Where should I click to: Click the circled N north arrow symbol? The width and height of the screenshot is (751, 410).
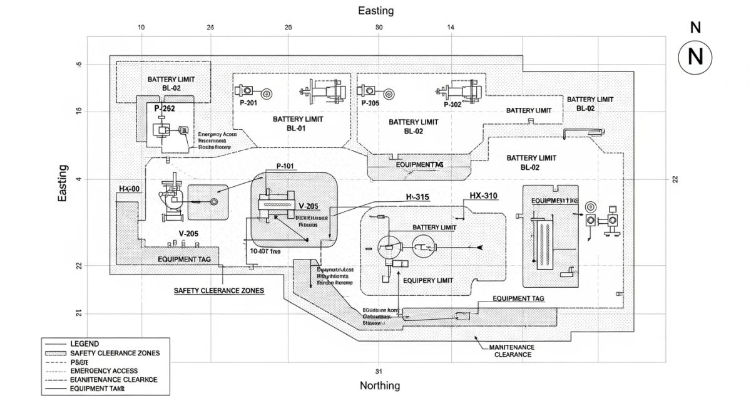click(695, 57)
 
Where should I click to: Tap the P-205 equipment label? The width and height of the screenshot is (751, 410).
click(370, 103)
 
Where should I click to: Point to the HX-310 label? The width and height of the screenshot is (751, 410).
click(483, 196)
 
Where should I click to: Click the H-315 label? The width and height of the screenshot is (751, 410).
click(417, 197)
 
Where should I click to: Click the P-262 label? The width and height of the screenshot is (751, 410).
click(165, 108)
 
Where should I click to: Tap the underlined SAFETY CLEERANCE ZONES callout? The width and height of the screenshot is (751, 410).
click(218, 291)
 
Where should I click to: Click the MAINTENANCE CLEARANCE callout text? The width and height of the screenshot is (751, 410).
click(513, 350)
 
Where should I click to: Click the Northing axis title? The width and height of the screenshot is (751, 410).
click(379, 386)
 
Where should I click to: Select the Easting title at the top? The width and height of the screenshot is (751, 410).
click(375, 11)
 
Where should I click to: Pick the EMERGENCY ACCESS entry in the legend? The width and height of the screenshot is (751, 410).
click(104, 371)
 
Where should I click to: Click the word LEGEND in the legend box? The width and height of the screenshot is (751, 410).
click(84, 344)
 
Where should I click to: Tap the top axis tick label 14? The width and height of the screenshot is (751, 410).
click(451, 27)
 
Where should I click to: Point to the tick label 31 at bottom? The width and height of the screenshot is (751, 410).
click(379, 371)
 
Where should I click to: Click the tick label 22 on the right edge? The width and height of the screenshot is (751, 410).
click(675, 179)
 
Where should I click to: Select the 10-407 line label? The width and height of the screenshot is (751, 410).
click(265, 251)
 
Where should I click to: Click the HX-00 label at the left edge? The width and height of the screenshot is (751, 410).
click(130, 189)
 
